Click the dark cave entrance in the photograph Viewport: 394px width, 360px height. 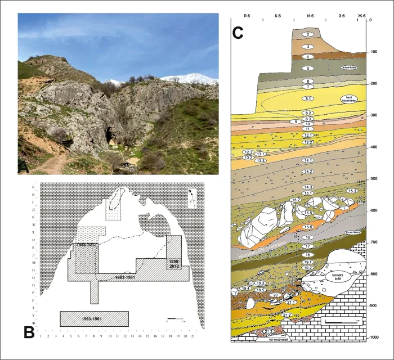tap(108, 135)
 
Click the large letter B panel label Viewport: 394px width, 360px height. tap(28, 332)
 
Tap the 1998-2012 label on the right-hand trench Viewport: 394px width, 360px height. tap(173, 260)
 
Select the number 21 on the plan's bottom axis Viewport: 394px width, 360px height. tap(193, 336)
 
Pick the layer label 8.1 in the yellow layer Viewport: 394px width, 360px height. tap(308, 99)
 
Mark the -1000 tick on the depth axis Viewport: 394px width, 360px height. tap(374, 337)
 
